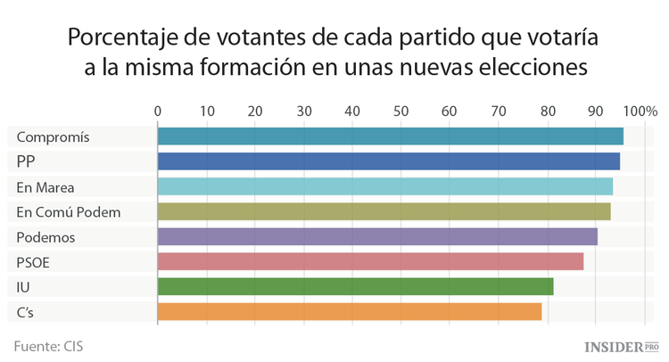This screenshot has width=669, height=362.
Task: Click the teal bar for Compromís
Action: pos(390,136)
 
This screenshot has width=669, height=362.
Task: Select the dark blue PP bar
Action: pos(388,161)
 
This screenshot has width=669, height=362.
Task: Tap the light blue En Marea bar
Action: pos(384,186)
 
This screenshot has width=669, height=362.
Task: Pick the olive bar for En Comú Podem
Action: pos(384,211)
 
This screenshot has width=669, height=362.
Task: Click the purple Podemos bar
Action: pos(377,236)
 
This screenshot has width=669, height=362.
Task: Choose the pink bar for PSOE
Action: pos(370,261)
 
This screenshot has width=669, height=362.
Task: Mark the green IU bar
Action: pos(355,286)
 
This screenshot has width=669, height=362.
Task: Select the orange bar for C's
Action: pos(350,311)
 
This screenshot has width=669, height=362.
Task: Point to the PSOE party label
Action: pos(34,262)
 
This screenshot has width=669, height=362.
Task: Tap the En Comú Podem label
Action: pos(68,212)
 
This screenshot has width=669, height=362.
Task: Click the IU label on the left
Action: pos(23,287)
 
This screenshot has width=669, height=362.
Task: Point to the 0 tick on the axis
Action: pos(158,111)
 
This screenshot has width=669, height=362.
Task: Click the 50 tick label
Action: pos(401,111)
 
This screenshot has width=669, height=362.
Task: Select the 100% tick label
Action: pos(640,111)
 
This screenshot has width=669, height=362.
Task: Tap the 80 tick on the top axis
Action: pos(546,111)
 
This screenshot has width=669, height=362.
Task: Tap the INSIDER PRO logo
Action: pos(621,345)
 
